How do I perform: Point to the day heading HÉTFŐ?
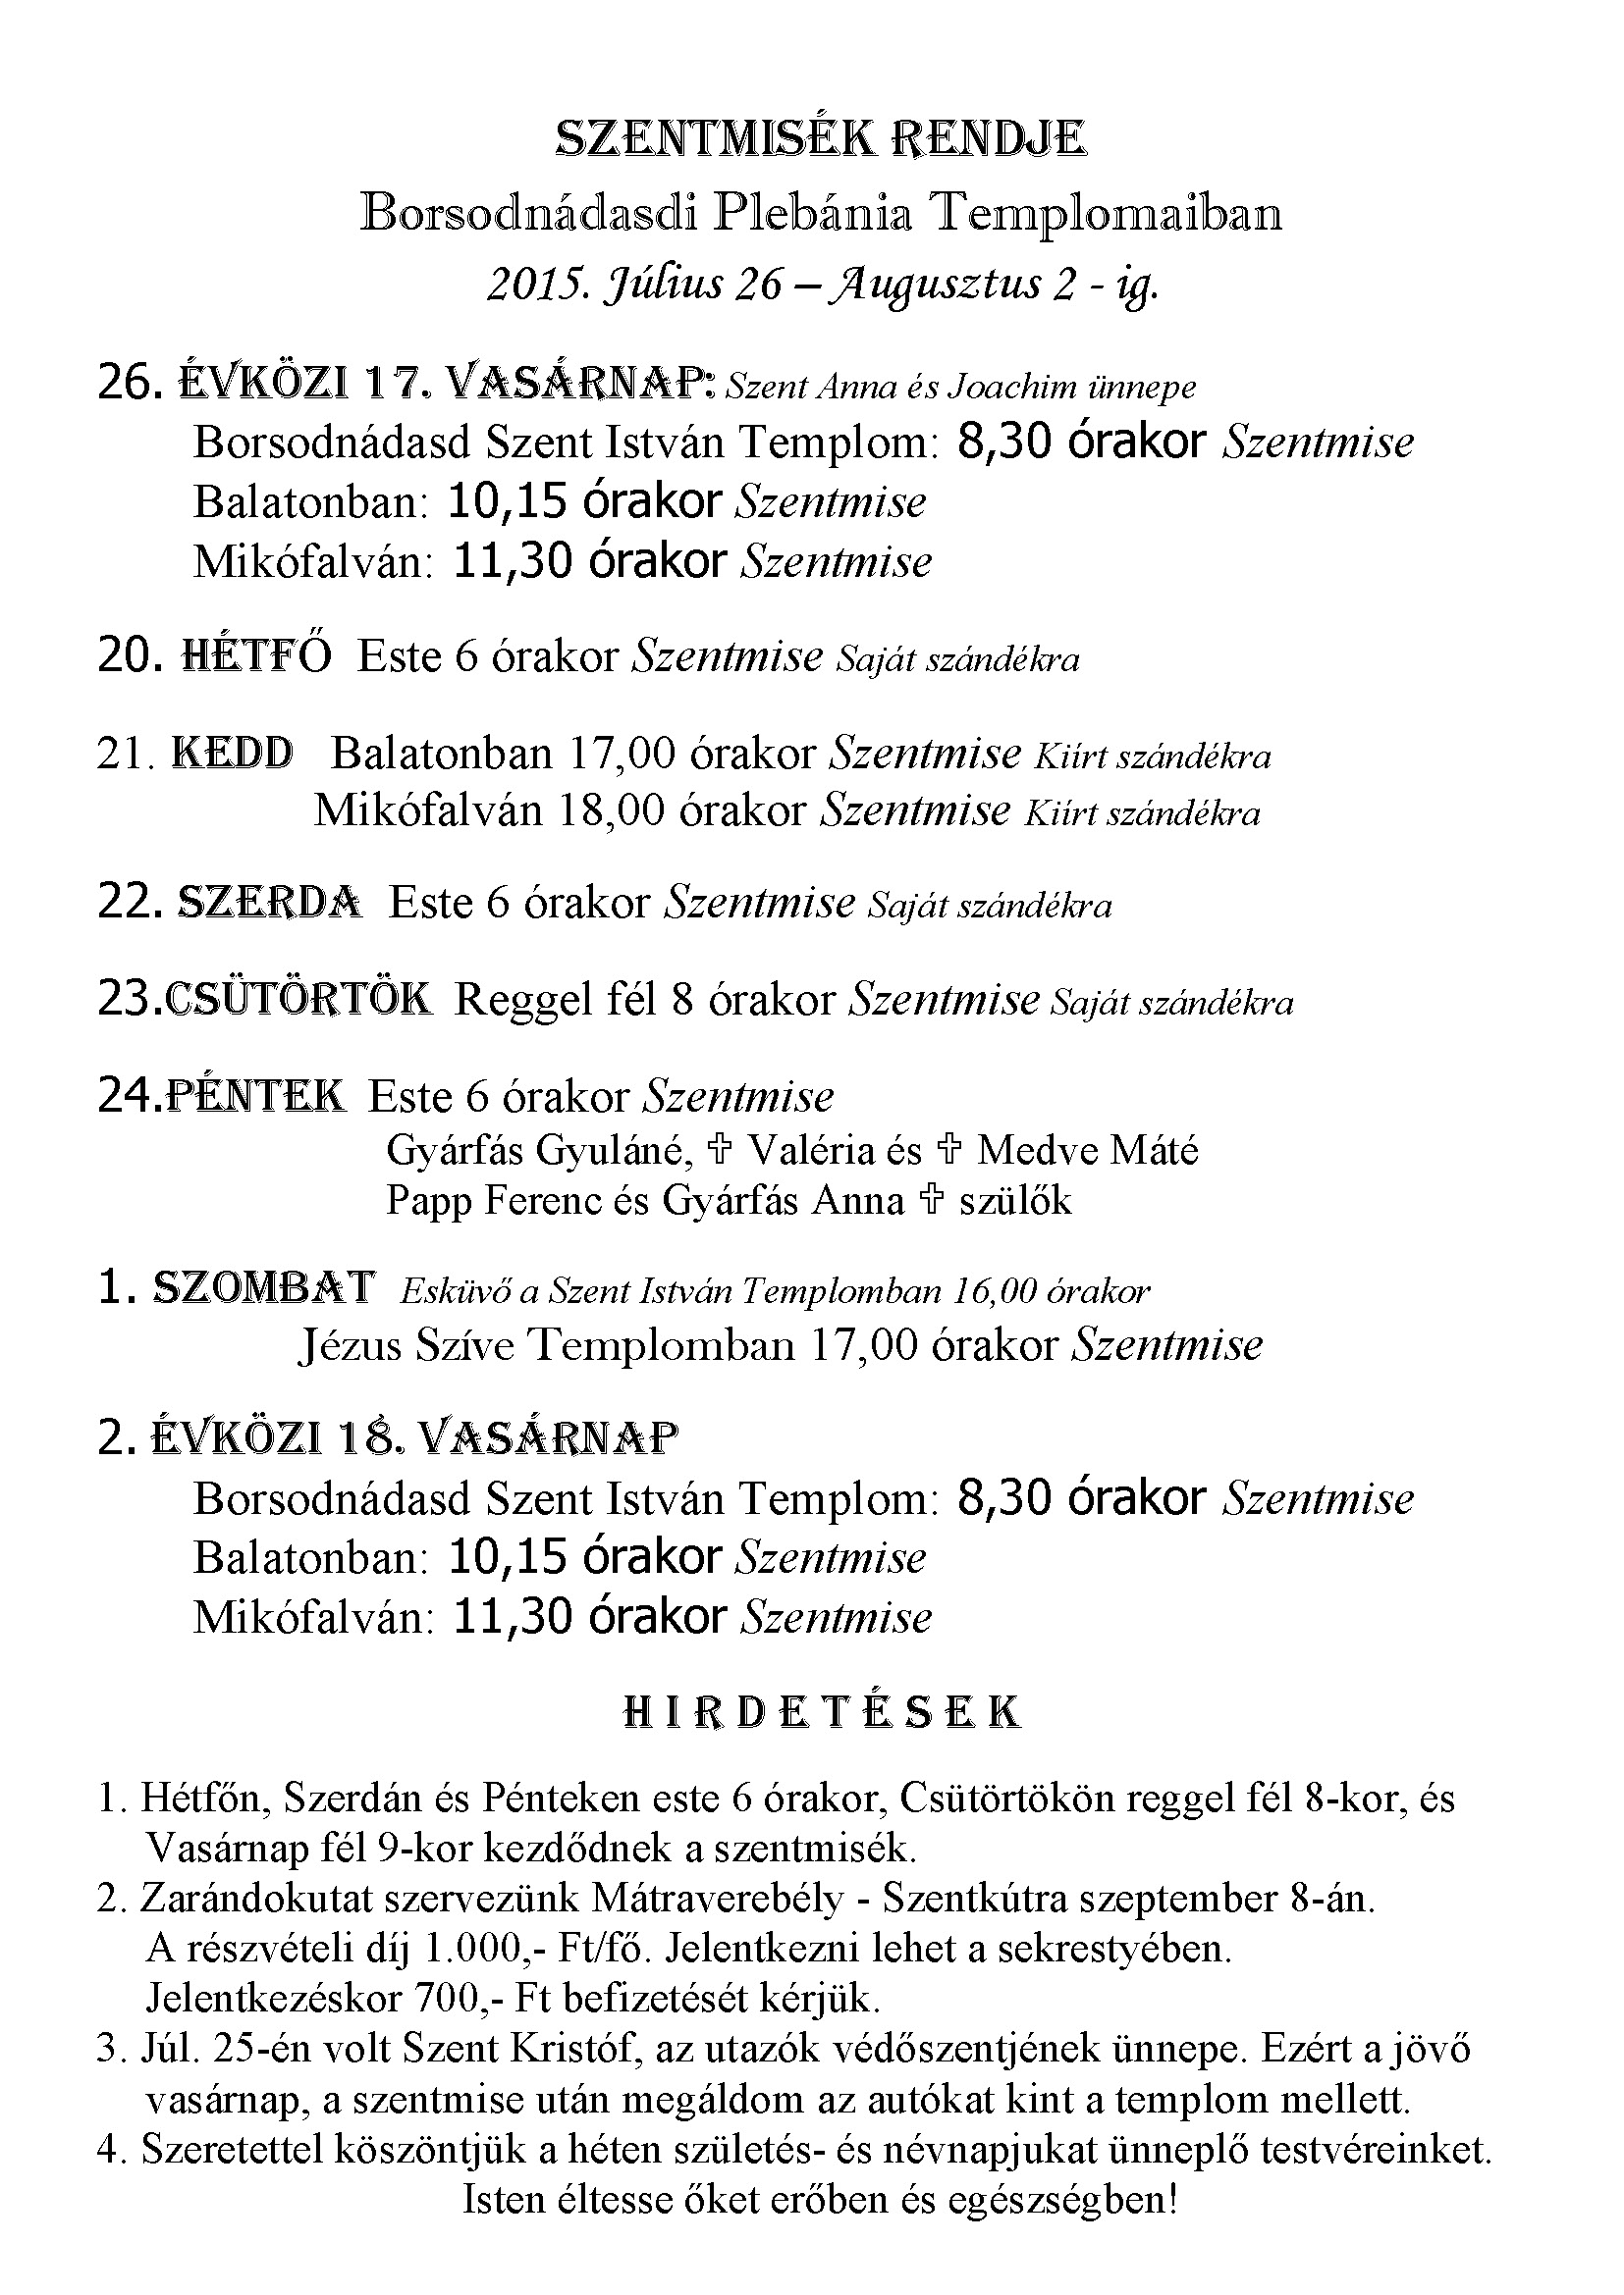(256, 656)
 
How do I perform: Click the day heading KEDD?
(233, 753)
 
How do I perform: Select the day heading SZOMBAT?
(263, 1288)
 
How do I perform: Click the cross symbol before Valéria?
(718, 1151)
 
